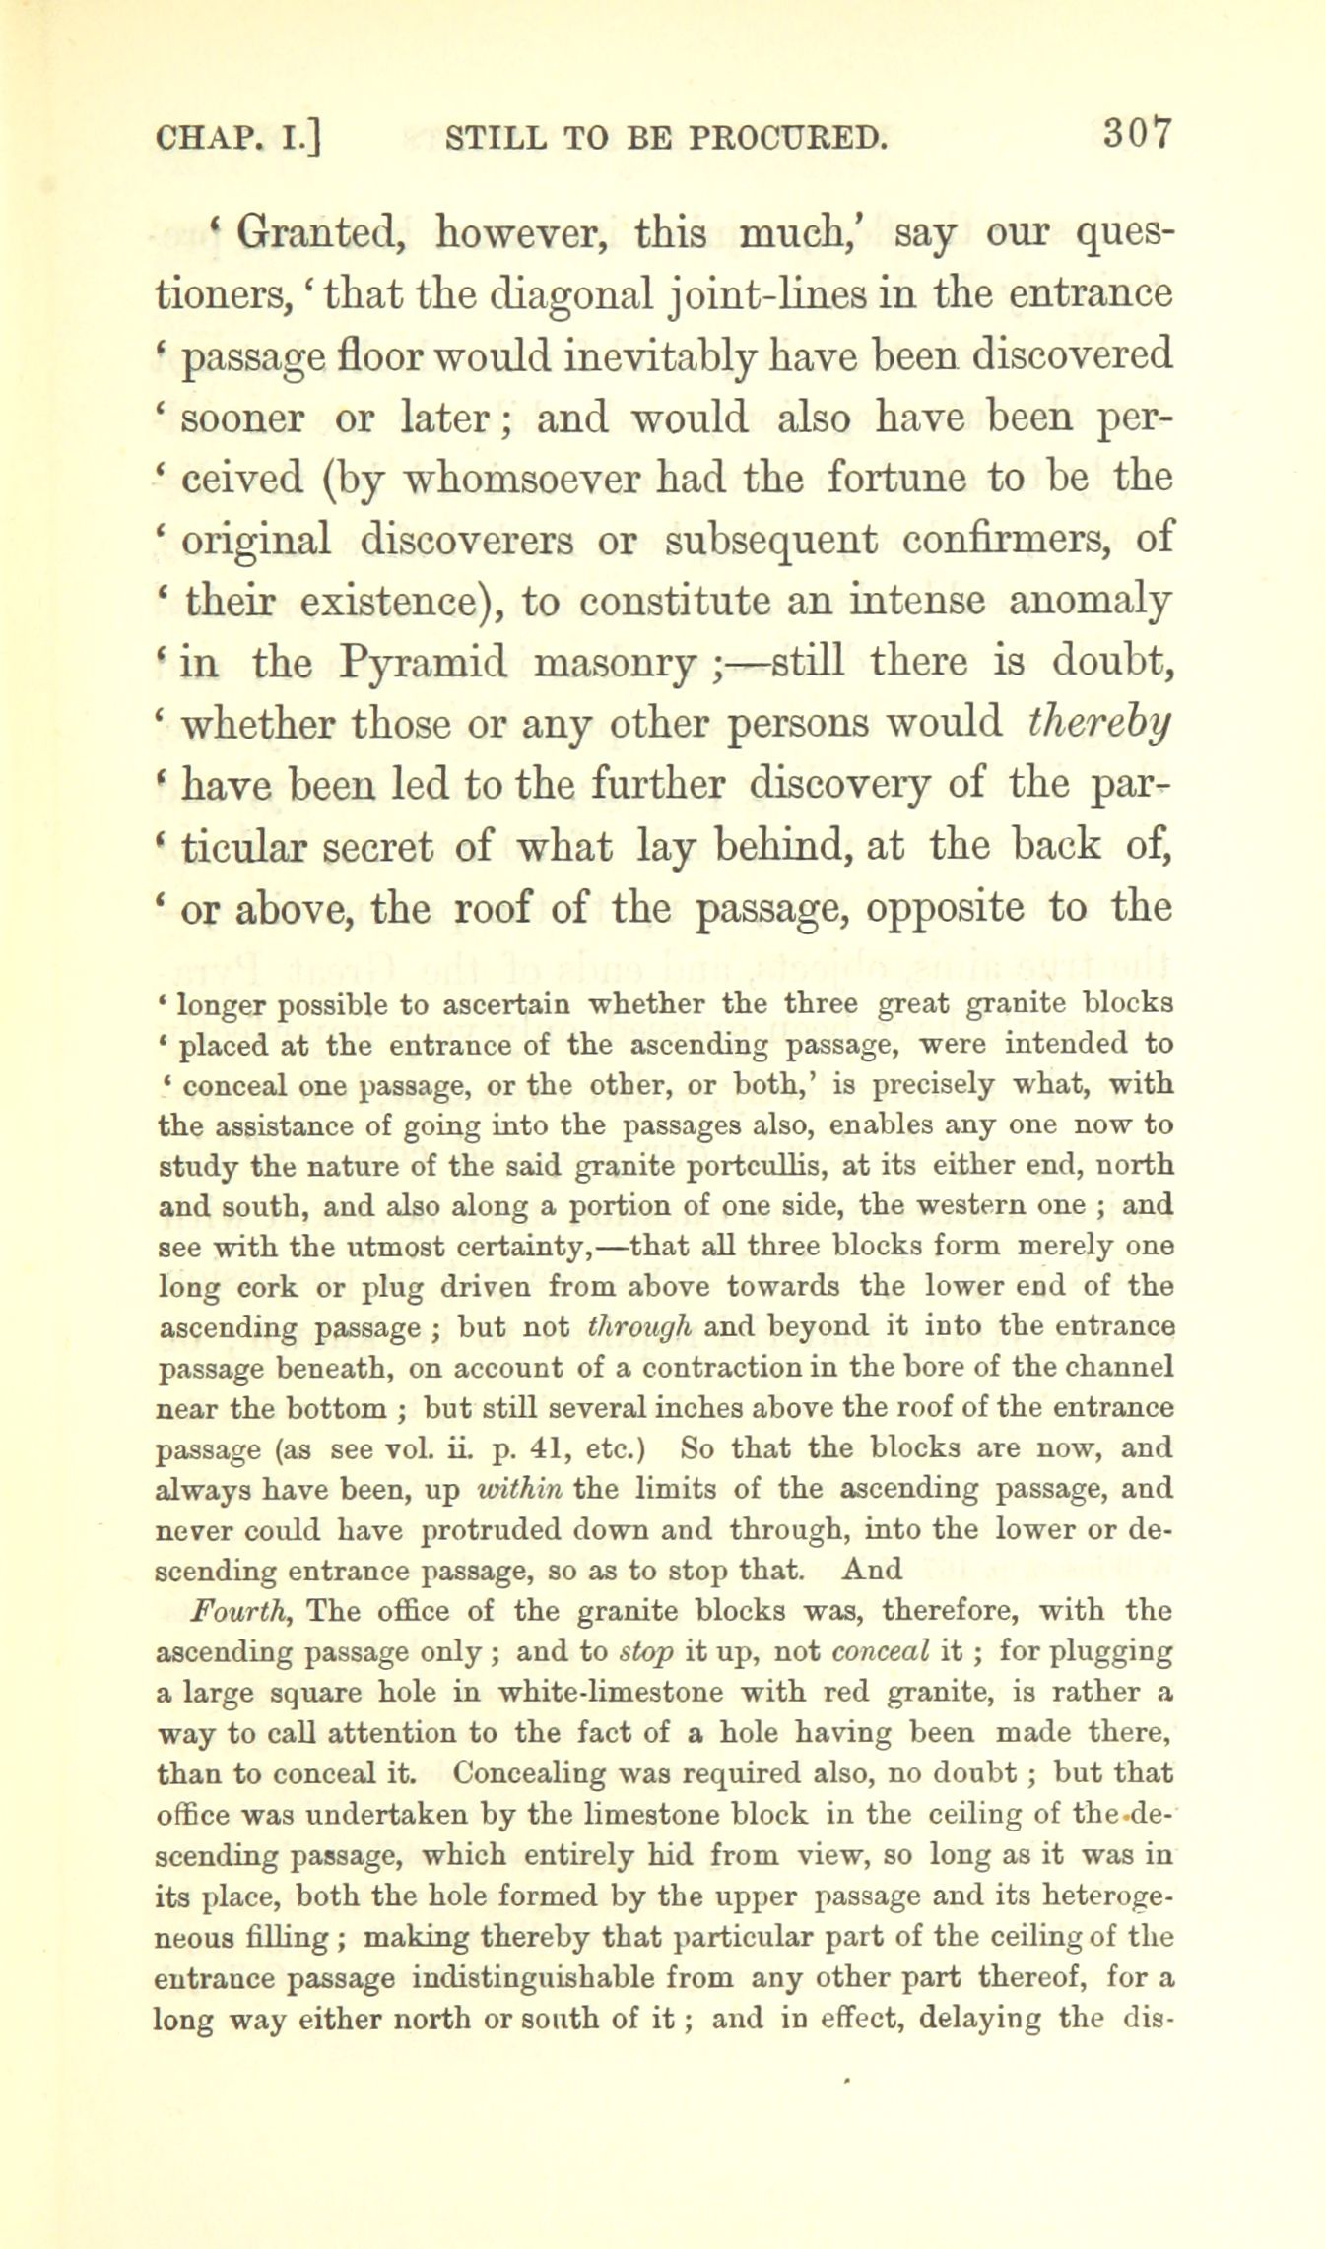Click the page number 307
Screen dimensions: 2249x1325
1137,133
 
